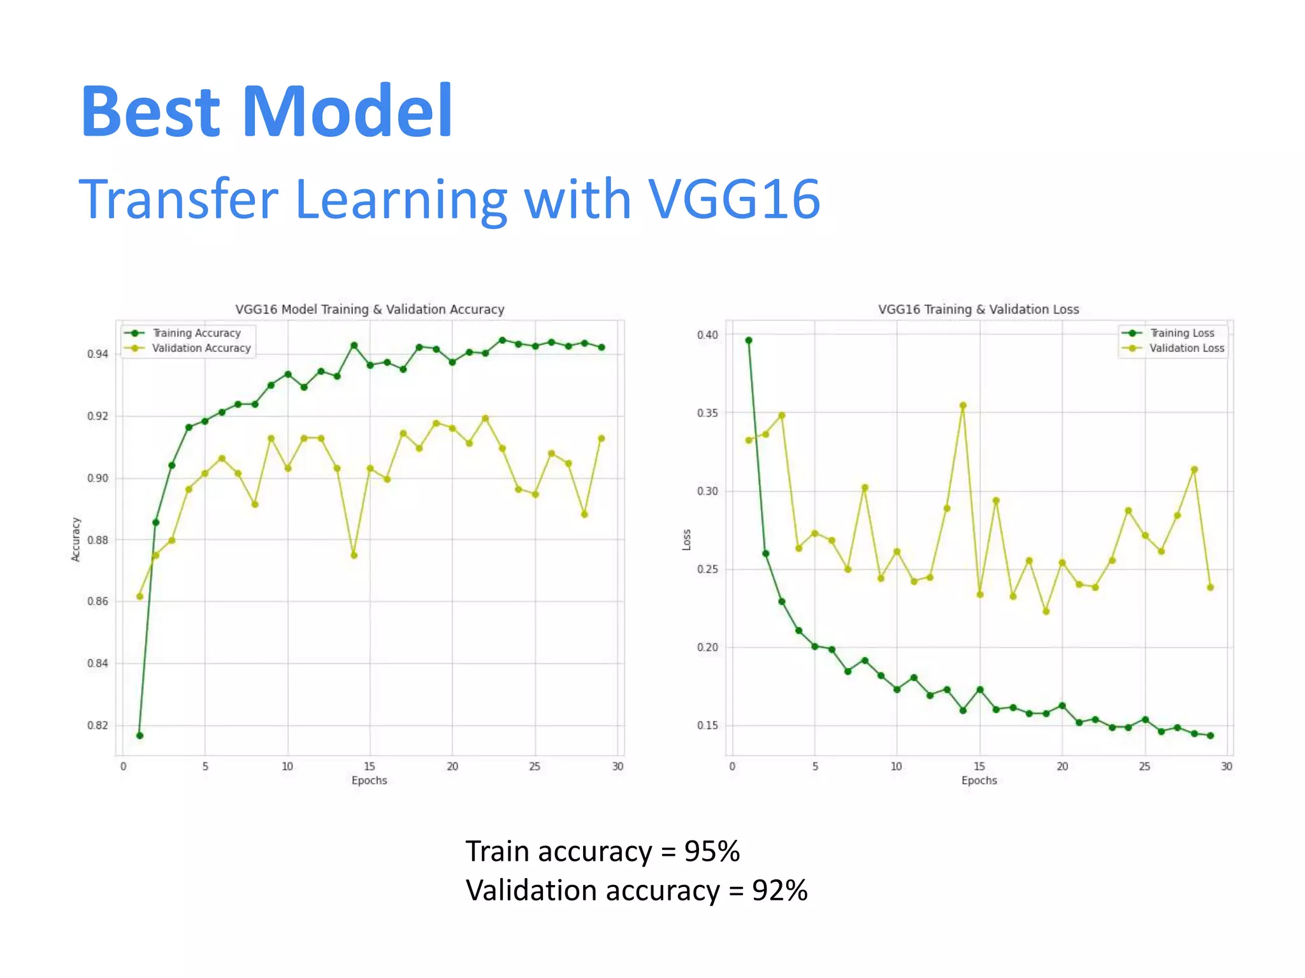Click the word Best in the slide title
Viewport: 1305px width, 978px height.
pos(151,112)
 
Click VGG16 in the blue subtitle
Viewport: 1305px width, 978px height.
pos(733,199)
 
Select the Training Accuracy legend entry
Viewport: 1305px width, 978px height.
pos(196,333)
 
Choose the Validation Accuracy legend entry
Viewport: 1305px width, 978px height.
pos(201,348)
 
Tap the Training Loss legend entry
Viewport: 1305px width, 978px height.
pos(1181,333)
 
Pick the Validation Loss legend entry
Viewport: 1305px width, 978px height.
pos(1186,348)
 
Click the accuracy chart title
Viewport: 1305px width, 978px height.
pos(370,309)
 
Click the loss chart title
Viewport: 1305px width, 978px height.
pos(978,309)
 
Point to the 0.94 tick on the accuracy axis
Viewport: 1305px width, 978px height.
pos(97,354)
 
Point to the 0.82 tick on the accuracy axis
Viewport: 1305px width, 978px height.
pos(97,725)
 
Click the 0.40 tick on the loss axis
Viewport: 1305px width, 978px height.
pos(707,335)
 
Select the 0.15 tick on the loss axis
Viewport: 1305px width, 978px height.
pos(707,725)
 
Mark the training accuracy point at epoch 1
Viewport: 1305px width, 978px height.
pos(140,735)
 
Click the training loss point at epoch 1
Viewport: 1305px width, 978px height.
pos(749,341)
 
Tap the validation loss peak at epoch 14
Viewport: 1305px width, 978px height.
pos(963,406)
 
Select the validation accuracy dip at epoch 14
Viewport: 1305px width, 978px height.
pos(354,555)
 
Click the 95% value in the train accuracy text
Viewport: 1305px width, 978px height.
pos(712,852)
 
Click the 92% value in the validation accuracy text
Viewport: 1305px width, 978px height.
pos(779,891)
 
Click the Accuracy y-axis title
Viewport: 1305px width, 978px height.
pos(76,539)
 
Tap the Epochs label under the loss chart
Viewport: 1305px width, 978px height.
pos(979,781)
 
